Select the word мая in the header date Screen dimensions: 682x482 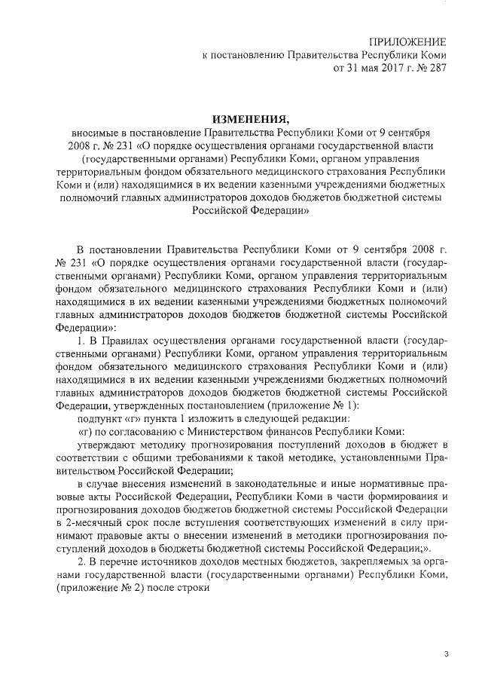[x=374, y=68]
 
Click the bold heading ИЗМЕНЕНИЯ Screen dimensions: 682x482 [x=249, y=120]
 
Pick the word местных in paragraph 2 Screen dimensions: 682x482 [x=274, y=567]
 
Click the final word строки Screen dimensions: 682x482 [x=200, y=594]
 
